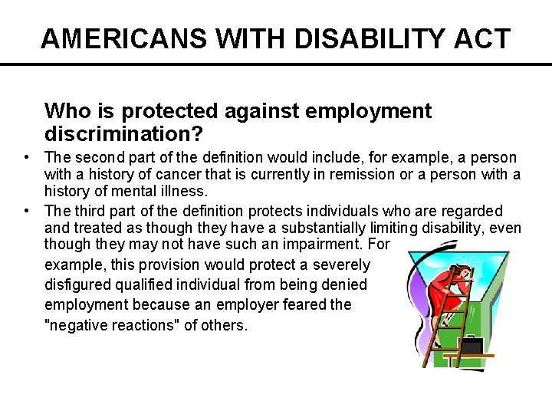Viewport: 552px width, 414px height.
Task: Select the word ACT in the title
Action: tap(484, 38)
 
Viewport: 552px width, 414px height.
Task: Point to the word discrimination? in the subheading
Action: tap(123, 135)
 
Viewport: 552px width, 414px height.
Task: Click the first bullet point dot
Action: tap(27, 157)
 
